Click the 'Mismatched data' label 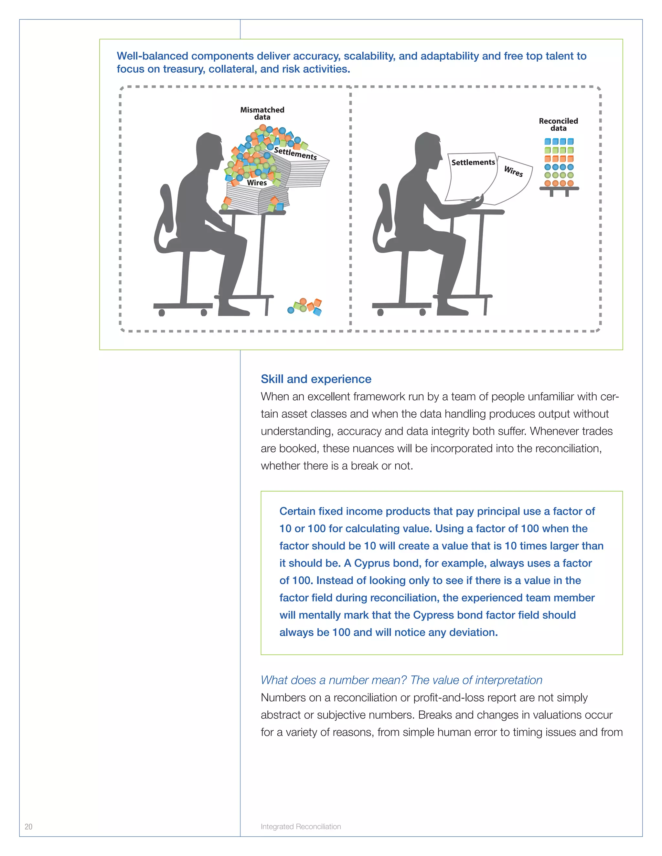pyautogui.click(x=262, y=113)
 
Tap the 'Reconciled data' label pyautogui.click(x=558, y=124)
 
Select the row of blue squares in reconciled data pyautogui.click(x=559, y=141)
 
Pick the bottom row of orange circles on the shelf pyautogui.click(x=559, y=183)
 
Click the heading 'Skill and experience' pyautogui.click(x=316, y=379)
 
